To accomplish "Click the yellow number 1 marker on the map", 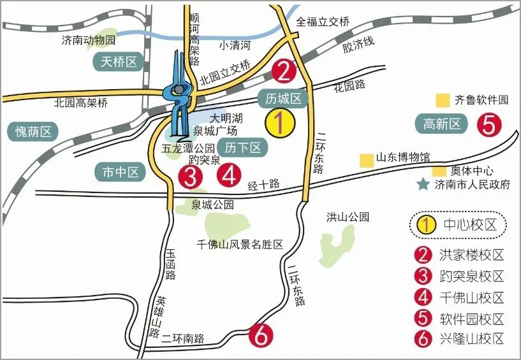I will tap(280, 123).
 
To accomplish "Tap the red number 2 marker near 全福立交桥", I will tap(284, 71).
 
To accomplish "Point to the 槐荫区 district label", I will tap(36, 132).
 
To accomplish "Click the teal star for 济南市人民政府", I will tap(422, 185).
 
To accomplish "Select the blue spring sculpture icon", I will tap(179, 96).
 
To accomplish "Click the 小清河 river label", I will tap(235, 45).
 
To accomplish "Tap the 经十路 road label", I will tap(264, 185).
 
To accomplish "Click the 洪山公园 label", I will tap(348, 217).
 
